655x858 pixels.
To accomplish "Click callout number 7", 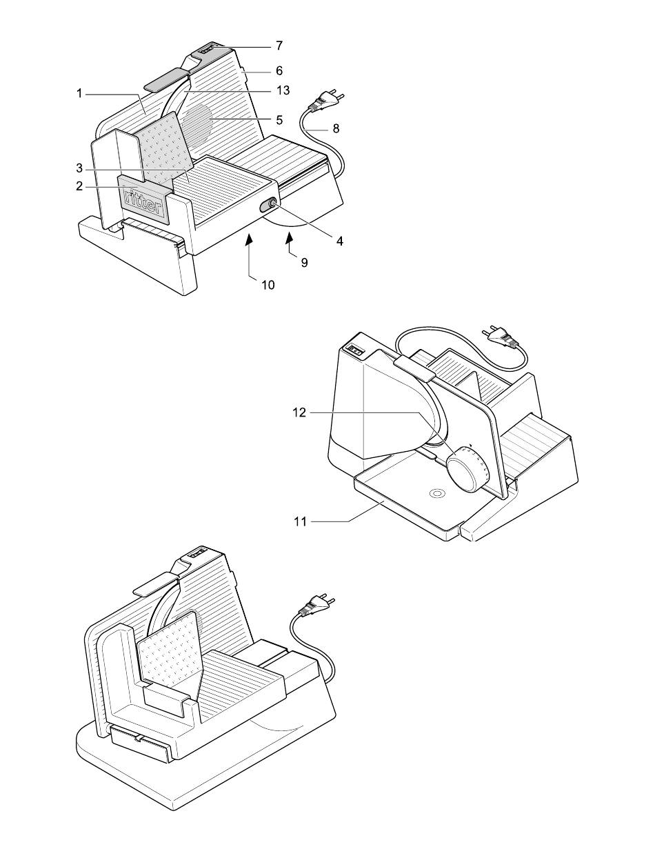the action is pyautogui.click(x=279, y=46).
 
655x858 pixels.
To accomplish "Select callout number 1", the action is pyautogui.click(x=79, y=94).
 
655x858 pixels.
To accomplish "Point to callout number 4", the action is pyautogui.click(x=340, y=241).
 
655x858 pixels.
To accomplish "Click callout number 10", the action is pyautogui.click(x=268, y=285).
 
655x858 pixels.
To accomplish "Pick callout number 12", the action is pyautogui.click(x=299, y=412).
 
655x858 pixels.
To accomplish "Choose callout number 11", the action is pyautogui.click(x=300, y=521).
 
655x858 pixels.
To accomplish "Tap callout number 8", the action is pyautogui.click(x=336, y=128).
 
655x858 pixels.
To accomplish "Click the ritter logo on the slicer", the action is pyautogui.click(x=143, y=201).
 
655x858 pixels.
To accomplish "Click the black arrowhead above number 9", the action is pyautogui.click(x=289, y=238).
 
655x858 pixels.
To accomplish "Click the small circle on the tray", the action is pyautogui.click(x=437, y=494).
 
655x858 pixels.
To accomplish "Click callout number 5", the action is pyautogui.click(x=279, y=119).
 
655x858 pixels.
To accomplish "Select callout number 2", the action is pyautogui.click(x=79, y=186).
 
